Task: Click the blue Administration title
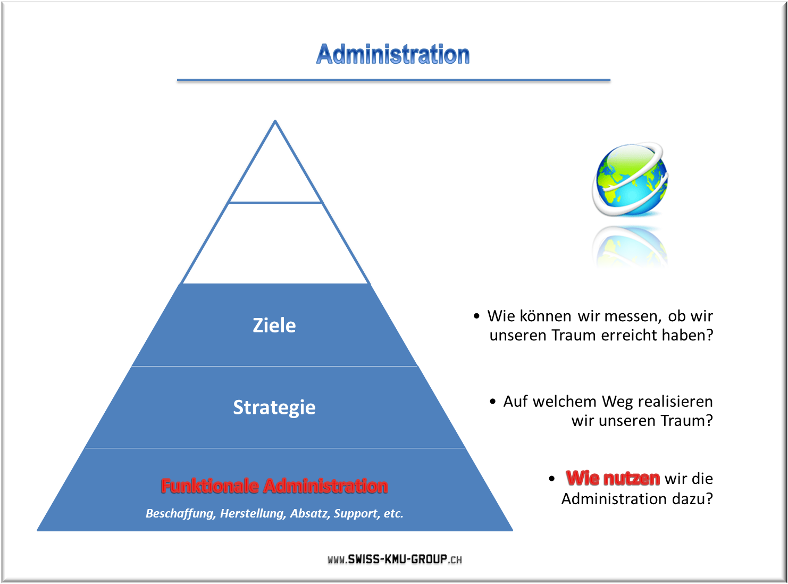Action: click(x=393, y=54)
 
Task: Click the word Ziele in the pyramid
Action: click(x=274, y=325)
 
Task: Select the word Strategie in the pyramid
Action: click(x=274, y=407)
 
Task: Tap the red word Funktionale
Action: click(x=209, y=486)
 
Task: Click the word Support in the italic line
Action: click(x=357, y=514)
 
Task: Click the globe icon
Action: click(x=630, y=179)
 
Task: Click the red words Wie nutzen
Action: click(x=613, y=479)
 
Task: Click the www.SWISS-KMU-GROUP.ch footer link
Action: click(x=395, y=559)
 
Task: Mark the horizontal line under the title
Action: click(x=393, y=80)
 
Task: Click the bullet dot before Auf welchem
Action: click(x=492, y=402)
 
